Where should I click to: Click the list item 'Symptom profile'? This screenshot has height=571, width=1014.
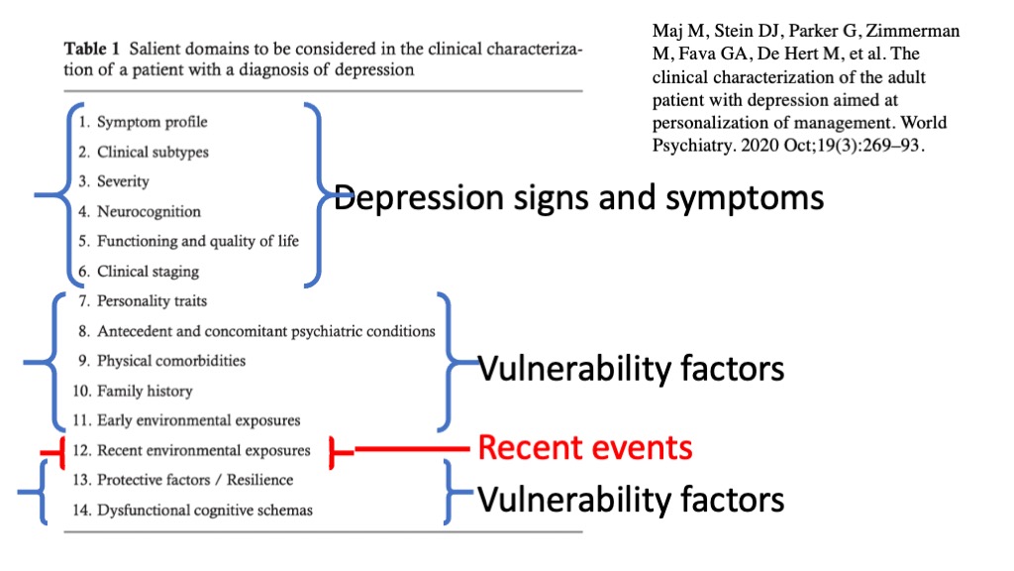point(152,122)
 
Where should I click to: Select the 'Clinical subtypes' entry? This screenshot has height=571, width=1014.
point(152,152)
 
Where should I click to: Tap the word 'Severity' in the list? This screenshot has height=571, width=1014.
point(123,181)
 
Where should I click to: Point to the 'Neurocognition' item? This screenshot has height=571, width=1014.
point(149,211)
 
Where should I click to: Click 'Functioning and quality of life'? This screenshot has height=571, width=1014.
point(197,241)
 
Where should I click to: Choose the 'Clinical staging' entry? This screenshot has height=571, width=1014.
point(148,271)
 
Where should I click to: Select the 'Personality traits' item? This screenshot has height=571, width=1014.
point(152,300)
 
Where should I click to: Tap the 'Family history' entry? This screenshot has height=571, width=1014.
point(144,391)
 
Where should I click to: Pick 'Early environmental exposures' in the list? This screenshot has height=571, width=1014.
point(198,420)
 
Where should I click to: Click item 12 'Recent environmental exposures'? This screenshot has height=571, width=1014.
point(203,450)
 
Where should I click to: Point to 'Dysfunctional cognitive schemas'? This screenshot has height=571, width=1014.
point(204,510)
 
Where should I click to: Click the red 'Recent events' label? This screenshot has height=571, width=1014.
point(584,448)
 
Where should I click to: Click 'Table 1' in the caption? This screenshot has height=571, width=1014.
point(90,50)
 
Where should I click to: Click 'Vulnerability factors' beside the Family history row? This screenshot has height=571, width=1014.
point(631,369)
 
